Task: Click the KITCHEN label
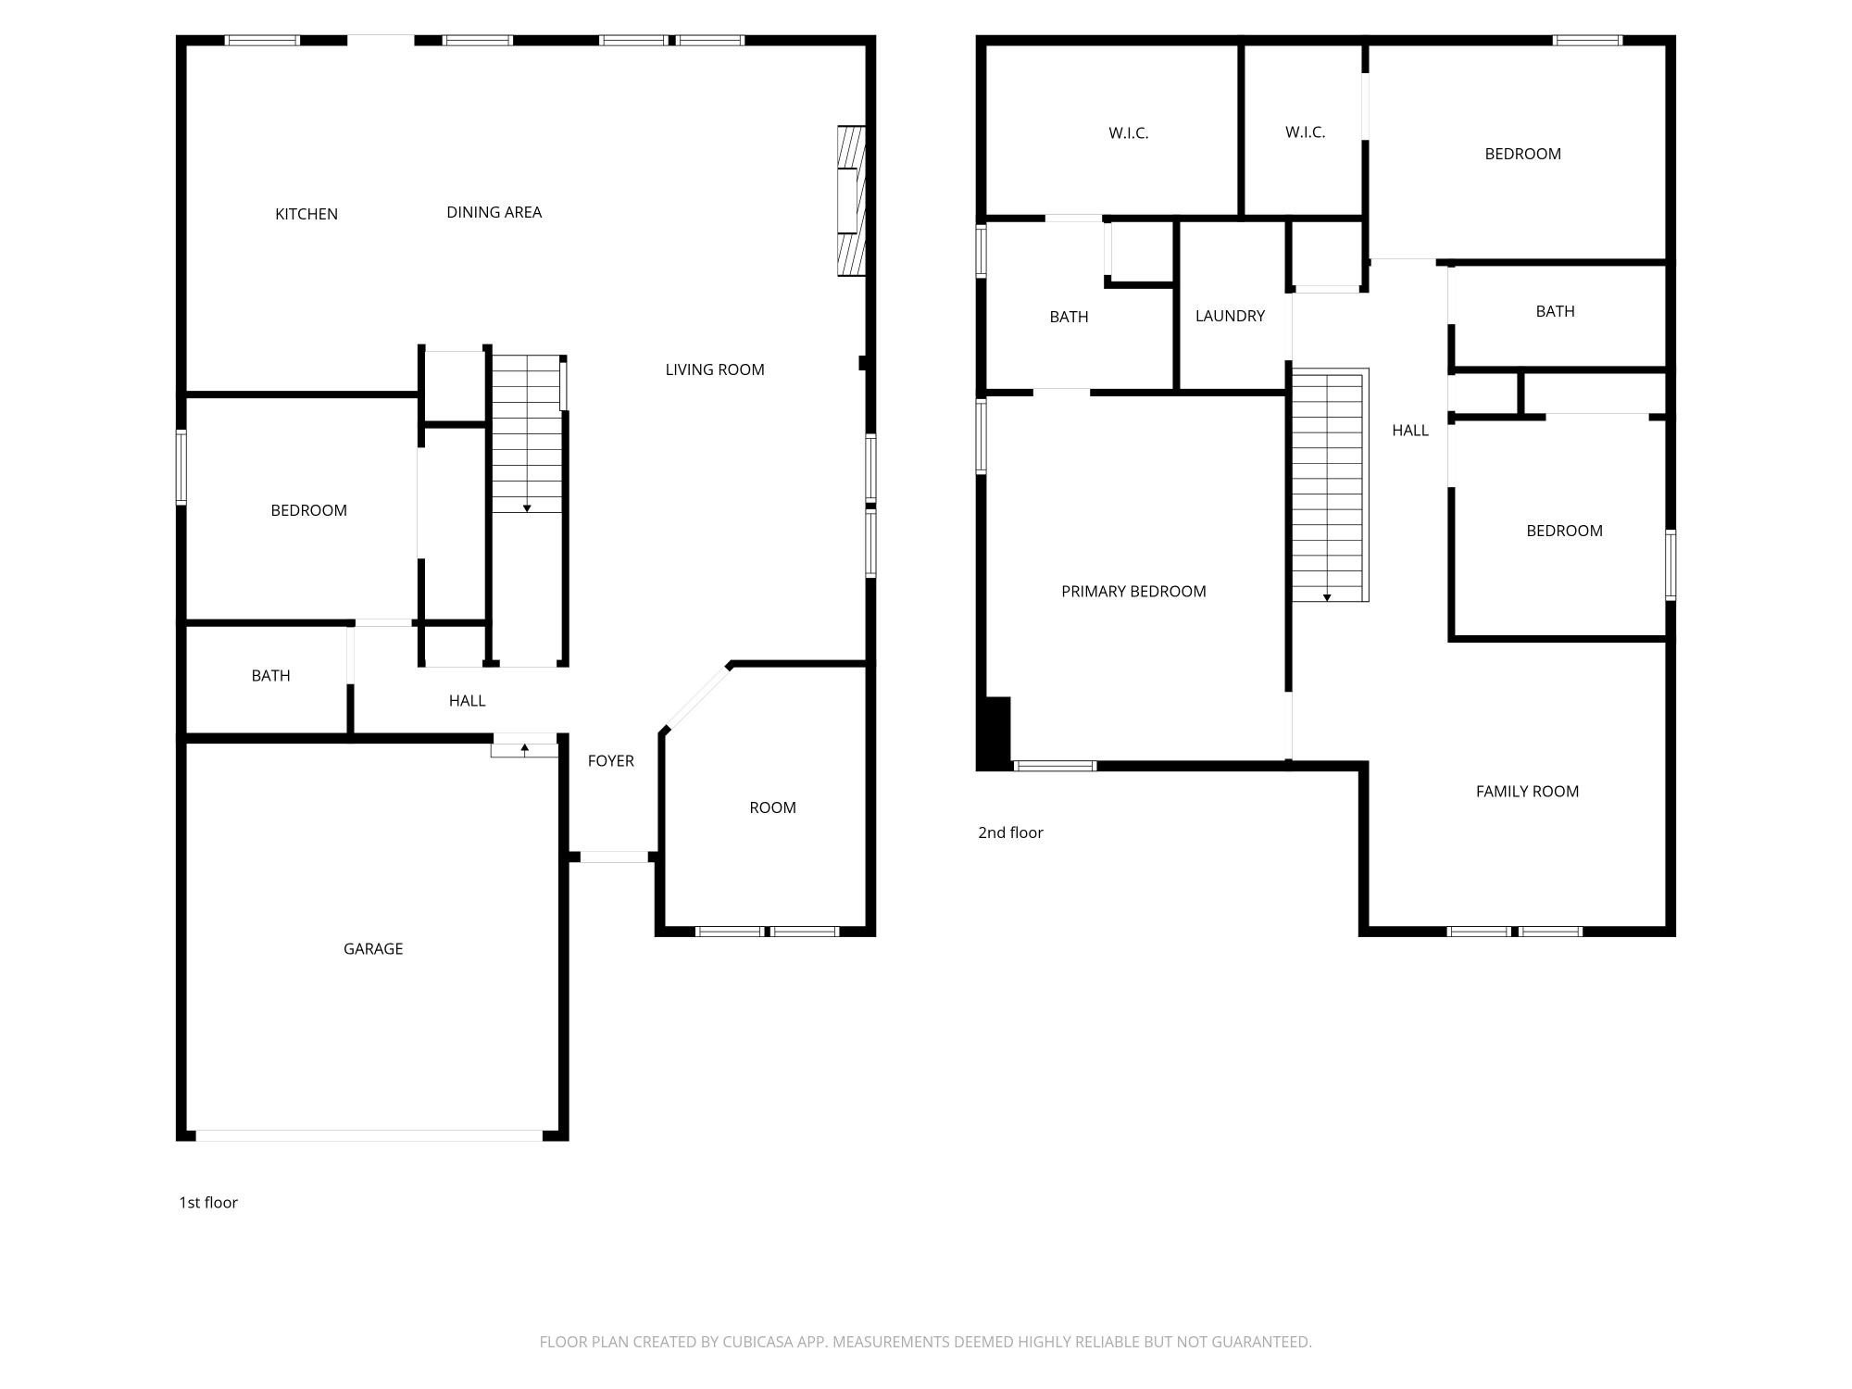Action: (307, 214)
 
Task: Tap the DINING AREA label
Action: (494, 212)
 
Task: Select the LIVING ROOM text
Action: (715, 369)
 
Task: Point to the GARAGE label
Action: (373, 948)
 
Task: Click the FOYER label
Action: (611, 760)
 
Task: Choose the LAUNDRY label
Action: (1230, 316)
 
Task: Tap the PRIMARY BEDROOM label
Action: (1133, 591)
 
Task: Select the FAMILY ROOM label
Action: (1527, 791)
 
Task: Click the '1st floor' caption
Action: (208, 1202)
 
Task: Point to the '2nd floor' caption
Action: (1010, 832)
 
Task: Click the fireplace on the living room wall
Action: (851, 201)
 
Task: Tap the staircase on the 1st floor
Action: (527, 433)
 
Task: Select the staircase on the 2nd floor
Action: (1330, 485)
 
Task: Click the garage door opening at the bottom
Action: (369, 1135)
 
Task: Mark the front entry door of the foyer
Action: (614, 857)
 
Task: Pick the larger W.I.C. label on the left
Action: (1128, 133)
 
